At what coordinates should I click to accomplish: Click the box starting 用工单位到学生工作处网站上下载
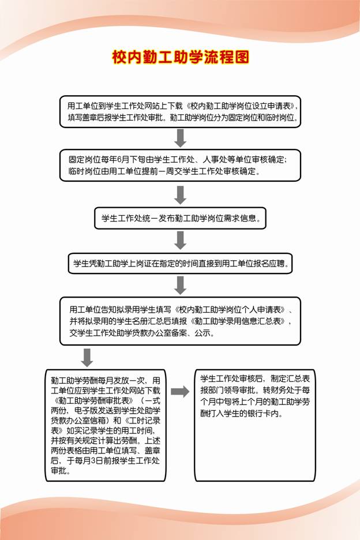(x=180, y=111)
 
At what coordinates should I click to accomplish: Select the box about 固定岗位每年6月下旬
(x=180, y=165)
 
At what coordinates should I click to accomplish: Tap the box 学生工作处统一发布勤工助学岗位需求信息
(x=180, y=219)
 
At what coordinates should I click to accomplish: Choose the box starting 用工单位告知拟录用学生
(x=180, y=321)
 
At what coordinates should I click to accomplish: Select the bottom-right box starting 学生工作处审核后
(x=255, y=425)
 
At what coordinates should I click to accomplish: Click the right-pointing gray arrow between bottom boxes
(x=180, y=392)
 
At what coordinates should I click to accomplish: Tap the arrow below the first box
(x=181, y=138)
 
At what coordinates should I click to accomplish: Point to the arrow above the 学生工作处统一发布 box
(x=181, y=194)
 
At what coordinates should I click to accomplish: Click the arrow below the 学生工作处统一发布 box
(x=181, y=240)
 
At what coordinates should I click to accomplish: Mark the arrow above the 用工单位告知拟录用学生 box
(x=181, y=284)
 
